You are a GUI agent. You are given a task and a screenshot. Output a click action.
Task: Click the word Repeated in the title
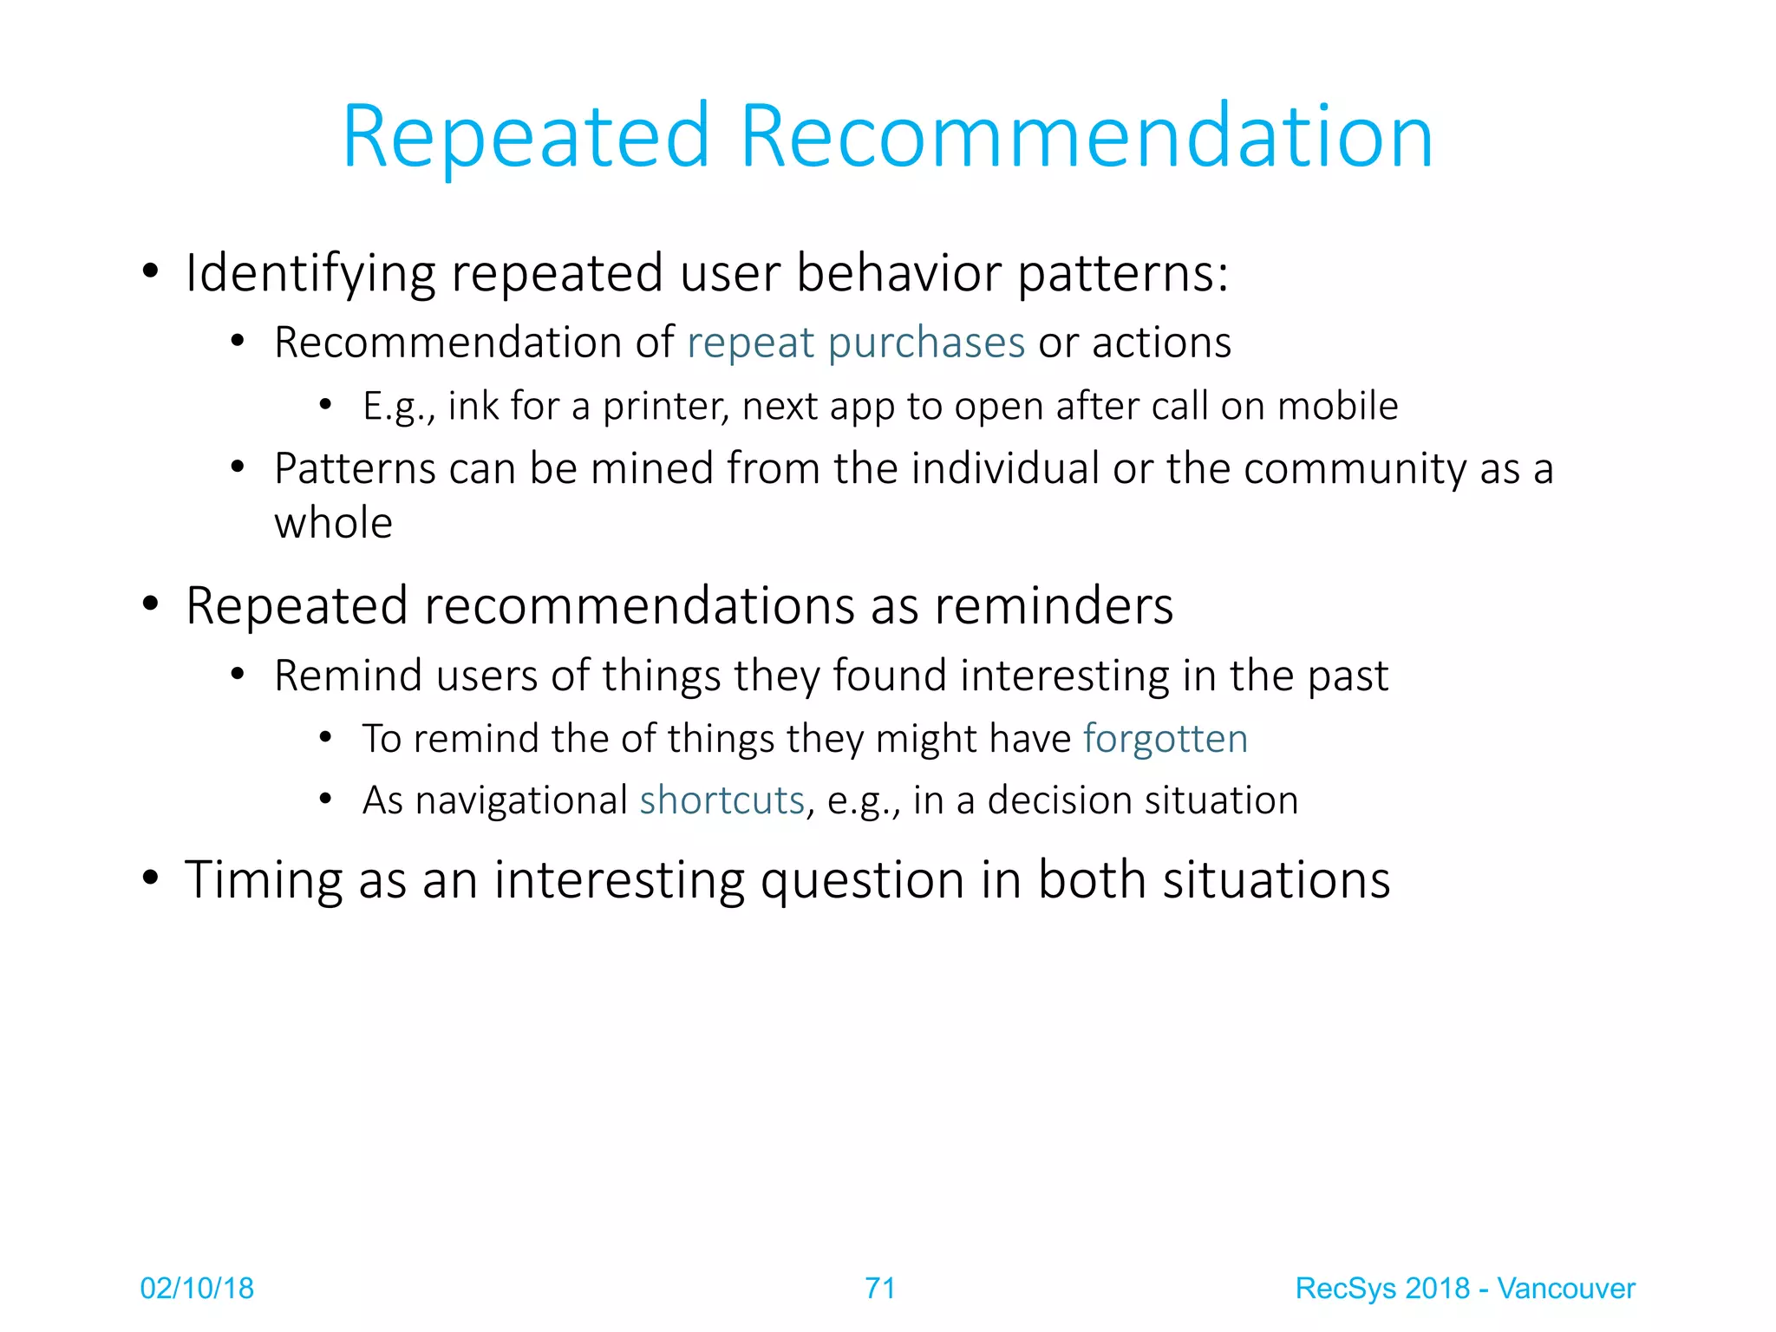pyautogui.click(x=526, y=137)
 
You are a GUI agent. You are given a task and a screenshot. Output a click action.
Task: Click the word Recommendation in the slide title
pyautogui.click(x=1086, y=137)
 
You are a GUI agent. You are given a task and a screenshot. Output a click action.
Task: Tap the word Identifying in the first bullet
pyautogui.click(x=310, y=274)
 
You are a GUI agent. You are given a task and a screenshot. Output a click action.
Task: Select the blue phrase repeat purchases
pyautogui.click(x=856, y=343)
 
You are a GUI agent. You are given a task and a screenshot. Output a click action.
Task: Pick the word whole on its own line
pyautogui.click(x=333, y=524)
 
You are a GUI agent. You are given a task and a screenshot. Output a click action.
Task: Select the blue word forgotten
pyautogui.click(x=1165, y=740)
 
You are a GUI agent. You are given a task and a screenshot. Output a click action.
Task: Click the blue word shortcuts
pyautogui.click(x=721, y=800)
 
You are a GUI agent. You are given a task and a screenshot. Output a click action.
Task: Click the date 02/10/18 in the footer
pyautogui.click(x=197, y=1289)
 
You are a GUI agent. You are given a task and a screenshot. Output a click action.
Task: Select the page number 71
pyautogui.click(x=879, y=1289)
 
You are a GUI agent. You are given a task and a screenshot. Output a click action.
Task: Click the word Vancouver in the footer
pyautogui.click(x=1565, y=1289)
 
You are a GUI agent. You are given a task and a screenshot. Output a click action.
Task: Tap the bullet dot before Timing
pyautogui.click(x=151, y=878)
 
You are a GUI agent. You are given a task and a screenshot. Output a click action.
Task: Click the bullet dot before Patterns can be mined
pyautogui.click(x=238, y=468)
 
